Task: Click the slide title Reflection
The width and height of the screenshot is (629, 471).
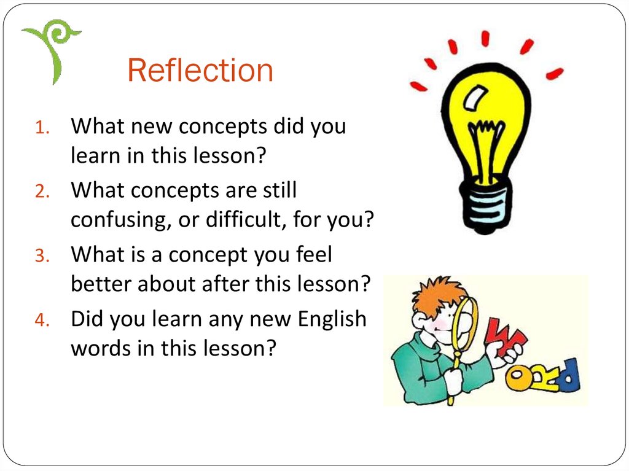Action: (200, 70)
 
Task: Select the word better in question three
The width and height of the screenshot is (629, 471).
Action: (101, 284)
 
